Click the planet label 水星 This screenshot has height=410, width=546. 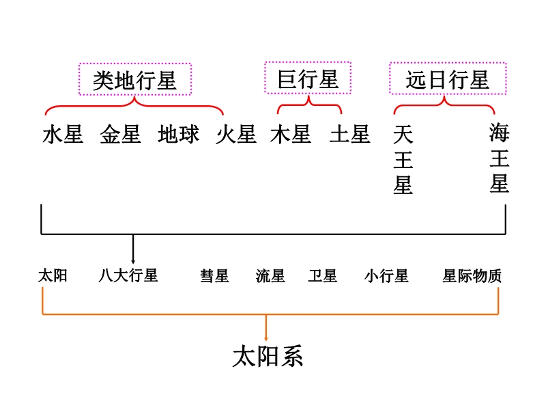pos(63,135)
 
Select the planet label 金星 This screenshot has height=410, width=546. pos(120,135)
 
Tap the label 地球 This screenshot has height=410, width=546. pos(178,135)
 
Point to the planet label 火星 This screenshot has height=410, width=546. pos(236,135)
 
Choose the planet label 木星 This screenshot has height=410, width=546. pos(291,135)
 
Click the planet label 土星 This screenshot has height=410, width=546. pos(349,135)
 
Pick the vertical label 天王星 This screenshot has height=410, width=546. pos(403,160)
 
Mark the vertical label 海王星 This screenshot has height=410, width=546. pos(499,159)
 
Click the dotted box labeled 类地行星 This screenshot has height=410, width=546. pos(135,80)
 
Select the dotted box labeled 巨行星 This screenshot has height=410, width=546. pos(308,78)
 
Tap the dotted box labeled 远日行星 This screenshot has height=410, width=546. pos(448,79)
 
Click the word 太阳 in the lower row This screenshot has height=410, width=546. pos(53,276)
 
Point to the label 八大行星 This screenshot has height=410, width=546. pos(128,276)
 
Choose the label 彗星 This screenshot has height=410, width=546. pos(214,276)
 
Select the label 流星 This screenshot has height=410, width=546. pos(270,276)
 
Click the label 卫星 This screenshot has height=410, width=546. pos(322,276)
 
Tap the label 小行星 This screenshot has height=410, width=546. pos(386,276)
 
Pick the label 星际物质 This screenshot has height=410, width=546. pos(472,276)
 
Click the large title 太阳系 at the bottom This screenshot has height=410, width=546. pos(268,357)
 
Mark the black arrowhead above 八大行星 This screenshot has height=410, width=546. pos(133,260)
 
